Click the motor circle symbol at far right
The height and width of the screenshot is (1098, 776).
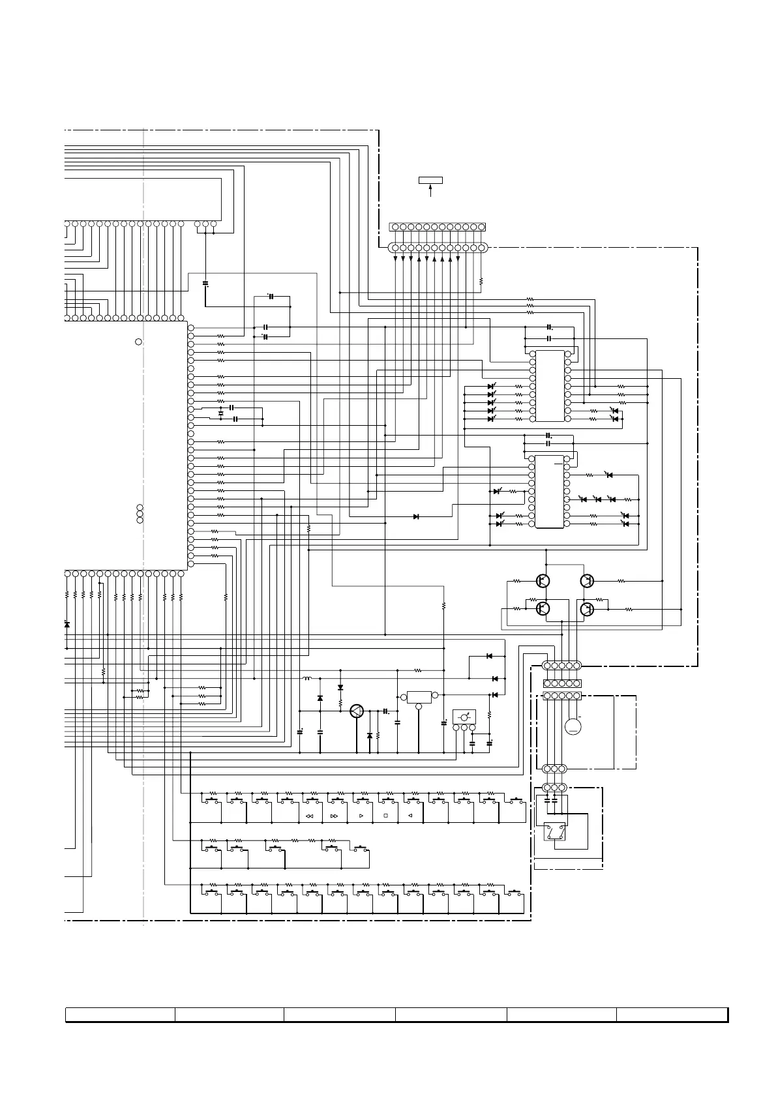point(573,726)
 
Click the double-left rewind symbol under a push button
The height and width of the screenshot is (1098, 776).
point(309,816)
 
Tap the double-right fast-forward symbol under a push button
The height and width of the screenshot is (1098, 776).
point(335,816)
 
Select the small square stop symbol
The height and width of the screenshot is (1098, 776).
point(385,816)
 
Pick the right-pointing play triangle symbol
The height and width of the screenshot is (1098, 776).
point(360,816)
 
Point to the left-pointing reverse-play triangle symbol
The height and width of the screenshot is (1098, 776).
point(411,816)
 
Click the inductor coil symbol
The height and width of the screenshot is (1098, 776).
point(307,679)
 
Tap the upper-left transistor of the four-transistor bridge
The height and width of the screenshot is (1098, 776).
point(543,580)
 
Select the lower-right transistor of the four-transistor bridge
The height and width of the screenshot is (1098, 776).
point(587,609)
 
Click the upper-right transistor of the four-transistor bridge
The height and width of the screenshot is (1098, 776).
point(587,580)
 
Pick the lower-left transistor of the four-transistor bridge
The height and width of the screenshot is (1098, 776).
point(543,609)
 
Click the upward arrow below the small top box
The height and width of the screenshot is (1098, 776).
point(430,190)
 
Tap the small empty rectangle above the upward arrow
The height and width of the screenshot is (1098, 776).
point(430,180)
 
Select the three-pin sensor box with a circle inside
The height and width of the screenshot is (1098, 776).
point(464,717)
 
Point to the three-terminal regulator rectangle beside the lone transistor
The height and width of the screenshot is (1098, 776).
point(419,696)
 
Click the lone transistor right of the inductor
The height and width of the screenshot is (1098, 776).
point(357,711)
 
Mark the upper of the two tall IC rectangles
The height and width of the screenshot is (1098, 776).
point(549,386)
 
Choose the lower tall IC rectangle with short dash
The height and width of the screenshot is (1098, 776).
point(549,492)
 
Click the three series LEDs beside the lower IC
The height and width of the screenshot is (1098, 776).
point(597,499)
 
